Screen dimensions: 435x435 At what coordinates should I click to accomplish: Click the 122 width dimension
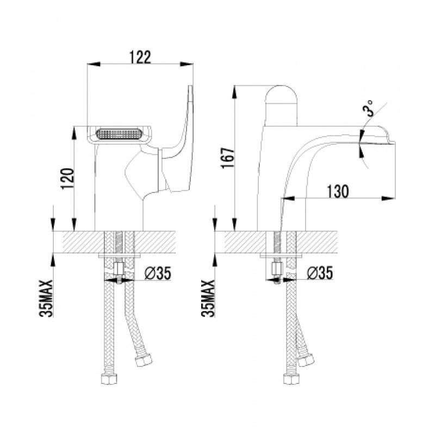pos(140,57)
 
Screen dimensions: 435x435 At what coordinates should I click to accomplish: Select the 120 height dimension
pos(67,178)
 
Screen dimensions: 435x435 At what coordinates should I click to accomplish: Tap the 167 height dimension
pos(228,158)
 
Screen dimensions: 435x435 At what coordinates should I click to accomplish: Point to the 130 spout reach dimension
pos(338,191)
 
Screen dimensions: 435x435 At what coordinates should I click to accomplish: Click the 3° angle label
pos(368,108)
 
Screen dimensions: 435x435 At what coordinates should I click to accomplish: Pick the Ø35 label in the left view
pos(158,273)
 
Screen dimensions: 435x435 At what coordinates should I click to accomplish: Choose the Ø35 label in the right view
pos(320,273)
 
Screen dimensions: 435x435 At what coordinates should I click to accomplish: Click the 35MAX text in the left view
pos(46,299)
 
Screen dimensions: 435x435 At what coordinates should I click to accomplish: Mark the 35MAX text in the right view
pos(208,299)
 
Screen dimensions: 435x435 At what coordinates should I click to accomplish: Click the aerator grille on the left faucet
pos(119,134)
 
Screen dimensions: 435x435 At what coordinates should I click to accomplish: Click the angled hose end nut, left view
pos(144,359)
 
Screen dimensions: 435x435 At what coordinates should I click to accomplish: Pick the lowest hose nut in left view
pos(108,378)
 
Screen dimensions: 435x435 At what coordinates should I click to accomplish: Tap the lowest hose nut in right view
pos(291,378)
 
